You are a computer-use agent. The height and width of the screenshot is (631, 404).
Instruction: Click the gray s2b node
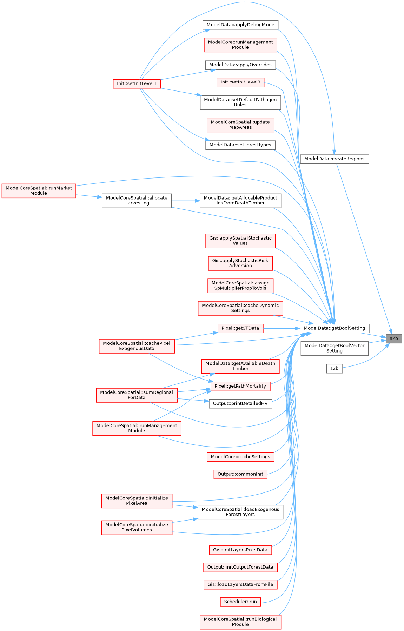(394, 338)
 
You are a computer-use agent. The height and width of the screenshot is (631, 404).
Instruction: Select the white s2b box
(335, 368)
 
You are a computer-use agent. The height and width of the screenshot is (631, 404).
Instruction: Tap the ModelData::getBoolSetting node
(334, 328)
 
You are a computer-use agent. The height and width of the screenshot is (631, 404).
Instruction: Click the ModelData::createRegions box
(334, 159)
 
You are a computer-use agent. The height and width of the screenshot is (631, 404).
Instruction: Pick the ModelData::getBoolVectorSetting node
(334, 348)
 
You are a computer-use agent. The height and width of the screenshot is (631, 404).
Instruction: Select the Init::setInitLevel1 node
(137, 83)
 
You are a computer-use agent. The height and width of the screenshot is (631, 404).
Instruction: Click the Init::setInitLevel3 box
(240, 82)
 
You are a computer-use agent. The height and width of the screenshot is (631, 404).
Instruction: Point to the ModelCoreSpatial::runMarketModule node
(39, 191)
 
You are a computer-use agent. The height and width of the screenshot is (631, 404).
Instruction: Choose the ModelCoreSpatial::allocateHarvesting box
(137, 201)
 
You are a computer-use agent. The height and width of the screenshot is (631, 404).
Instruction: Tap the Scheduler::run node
(240, 602)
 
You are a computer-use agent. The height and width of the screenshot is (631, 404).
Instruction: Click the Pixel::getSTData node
(240, 328)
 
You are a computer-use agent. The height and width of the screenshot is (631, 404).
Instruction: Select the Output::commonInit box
(240, 474)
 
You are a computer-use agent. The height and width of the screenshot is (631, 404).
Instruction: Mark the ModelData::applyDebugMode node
(240, 25)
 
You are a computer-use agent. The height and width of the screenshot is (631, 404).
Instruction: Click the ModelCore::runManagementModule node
(240, 45)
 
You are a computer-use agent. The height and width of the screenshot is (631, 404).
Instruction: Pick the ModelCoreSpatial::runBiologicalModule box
(240, 622)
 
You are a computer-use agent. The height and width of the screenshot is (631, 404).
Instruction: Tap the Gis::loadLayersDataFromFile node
(240, 584)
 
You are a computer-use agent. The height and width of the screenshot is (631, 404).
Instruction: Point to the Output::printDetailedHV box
(240, 403)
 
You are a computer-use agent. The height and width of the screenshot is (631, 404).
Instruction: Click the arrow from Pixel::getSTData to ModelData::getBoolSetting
(281, 328)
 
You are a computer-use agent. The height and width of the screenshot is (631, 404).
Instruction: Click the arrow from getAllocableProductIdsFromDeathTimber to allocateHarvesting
(186, 201)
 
